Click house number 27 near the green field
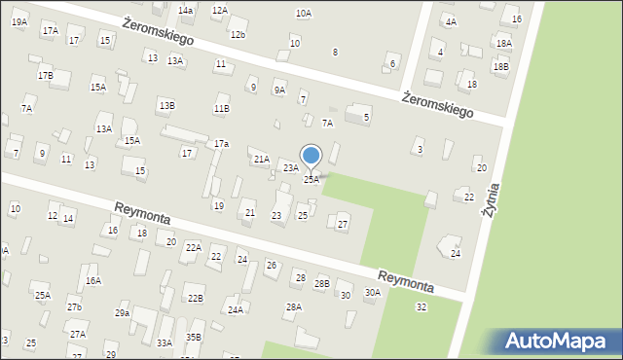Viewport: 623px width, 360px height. point(342,225)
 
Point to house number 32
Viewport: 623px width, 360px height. point(421,307)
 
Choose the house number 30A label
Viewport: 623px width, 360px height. point(372,292)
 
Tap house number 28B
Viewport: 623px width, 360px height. point(321,283)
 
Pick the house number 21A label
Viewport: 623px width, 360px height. point(261,159)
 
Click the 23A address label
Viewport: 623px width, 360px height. point(290,168)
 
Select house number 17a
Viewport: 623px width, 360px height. point(221,144)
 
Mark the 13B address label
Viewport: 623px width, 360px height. point(166,105)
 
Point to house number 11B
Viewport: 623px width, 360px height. point(222,109)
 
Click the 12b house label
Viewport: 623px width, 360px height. point(238,35)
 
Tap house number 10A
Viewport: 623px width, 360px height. point(304,13)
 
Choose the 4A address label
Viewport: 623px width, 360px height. point(449,20)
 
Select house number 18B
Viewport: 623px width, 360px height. point(500,66)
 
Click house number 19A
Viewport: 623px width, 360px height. point(19,20)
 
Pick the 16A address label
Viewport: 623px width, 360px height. point(93,280)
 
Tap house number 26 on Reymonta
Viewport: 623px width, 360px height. point(271,266)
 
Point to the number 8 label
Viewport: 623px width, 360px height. point(335,52)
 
